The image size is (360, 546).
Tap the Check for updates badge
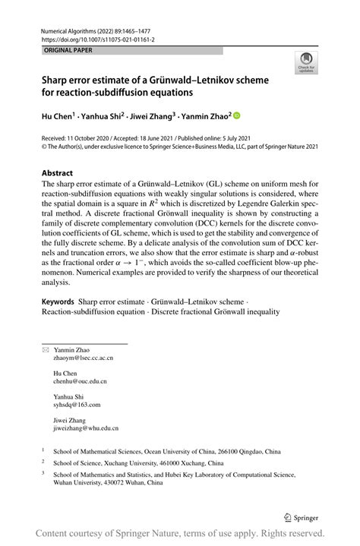tap(306, 63)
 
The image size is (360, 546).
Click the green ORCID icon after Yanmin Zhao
tap(236, 115)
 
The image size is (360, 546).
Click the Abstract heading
tap(58, 172)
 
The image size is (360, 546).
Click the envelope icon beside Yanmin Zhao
tap(45, 349)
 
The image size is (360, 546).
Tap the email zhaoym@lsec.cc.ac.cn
tap(83, 357)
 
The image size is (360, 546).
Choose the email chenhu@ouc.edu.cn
tap(80, 381)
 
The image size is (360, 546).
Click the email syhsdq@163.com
tap(77, 406)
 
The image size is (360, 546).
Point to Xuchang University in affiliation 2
tap(128, 462)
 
